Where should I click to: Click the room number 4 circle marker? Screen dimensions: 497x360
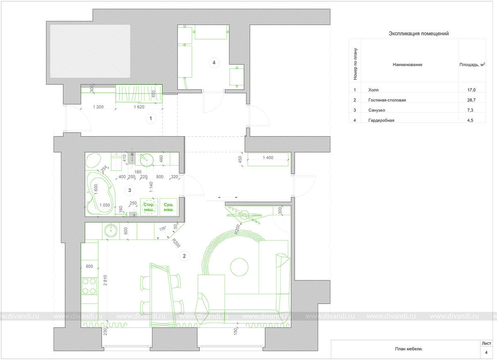coord(214,63)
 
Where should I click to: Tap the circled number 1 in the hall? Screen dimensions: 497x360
coord(150,118)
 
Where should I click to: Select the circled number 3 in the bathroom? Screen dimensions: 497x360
coord(130,190)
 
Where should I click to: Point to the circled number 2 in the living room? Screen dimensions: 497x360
coord(184,256)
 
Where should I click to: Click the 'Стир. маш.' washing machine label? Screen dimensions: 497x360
coord(149,207)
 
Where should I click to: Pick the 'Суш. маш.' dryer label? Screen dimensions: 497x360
coord(169,207)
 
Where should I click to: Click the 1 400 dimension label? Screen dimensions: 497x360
coord(268,158)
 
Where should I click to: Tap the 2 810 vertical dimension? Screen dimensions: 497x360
coord(105,280)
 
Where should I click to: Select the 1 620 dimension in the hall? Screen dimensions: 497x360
coord(139,107)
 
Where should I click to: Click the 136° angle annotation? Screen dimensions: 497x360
coord(162,229)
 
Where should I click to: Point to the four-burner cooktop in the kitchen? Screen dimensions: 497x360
coord(90,286)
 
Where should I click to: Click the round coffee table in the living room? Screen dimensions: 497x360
coord(239,267)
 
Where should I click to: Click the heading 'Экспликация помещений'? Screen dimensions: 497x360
coord(419,34)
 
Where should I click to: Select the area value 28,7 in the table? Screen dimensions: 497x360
coord(471,100)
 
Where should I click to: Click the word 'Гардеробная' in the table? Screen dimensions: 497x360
coord(381,120)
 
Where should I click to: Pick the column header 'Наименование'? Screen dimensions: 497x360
coord(407,65)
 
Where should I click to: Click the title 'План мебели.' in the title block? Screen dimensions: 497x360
coord(409,349)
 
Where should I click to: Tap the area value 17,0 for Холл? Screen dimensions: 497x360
coord(471,90)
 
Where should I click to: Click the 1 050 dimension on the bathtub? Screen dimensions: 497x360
coord(104,205)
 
